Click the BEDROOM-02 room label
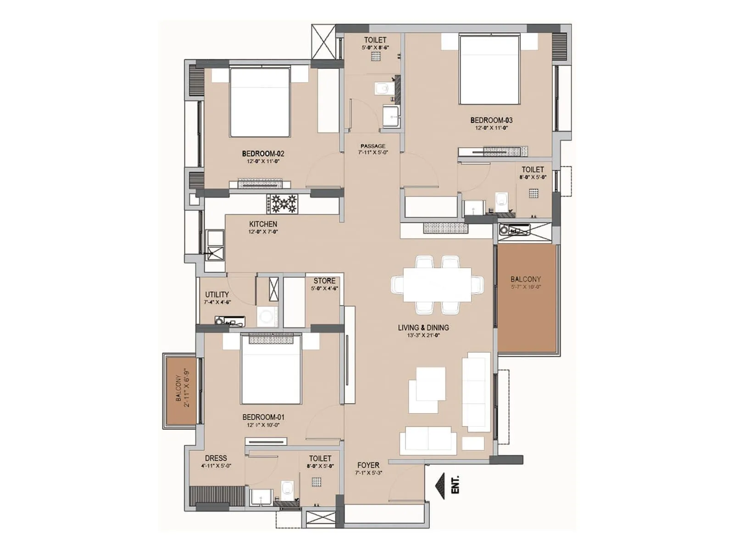click(x=263, y=154)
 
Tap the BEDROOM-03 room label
click(x=491, y=120)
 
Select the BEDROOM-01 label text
click(x=263, y=417)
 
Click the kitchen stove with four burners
click(x=282, y=203)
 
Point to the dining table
click(x=437, y=285)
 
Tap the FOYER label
click(x=368, y=465)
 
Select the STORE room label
click(x=324, y=281)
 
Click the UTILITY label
click(x=217, y=294)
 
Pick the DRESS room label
click(x=216, y=458)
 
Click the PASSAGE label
click(x=373, y=146)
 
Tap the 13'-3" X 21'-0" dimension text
click(x=423, y=335)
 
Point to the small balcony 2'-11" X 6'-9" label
click(x=182, y=388)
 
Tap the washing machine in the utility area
click(x=267, y=316)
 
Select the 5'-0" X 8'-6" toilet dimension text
click(x=375, y=47)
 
